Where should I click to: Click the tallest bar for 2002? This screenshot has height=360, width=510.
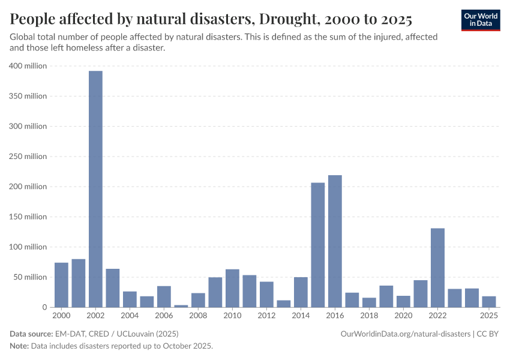(95, 189)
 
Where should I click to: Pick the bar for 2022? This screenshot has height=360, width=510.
(437, 268)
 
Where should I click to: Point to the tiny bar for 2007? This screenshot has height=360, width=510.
(181, 306)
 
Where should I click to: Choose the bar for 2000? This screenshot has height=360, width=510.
(61, 285)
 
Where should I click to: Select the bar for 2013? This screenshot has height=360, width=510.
(284, 304)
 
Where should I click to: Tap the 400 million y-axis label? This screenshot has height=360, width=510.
(28, 66)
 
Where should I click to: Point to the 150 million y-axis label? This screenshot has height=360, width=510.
(28, 217)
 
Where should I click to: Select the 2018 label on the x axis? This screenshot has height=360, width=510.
(369, 316)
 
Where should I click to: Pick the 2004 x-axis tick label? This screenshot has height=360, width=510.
(130, 316)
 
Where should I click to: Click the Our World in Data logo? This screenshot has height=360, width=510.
(481, 20)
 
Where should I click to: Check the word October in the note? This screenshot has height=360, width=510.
(172, 346)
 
